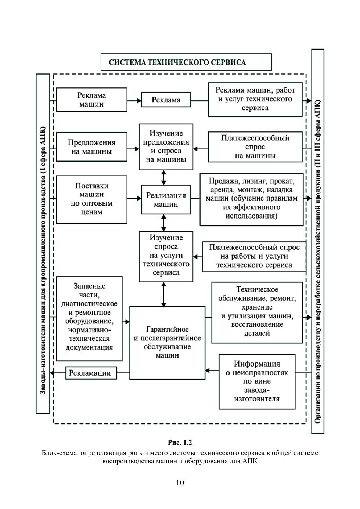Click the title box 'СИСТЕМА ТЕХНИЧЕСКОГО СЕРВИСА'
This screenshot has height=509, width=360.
tap(186, 62)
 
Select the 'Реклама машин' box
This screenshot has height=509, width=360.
tap(91, 100)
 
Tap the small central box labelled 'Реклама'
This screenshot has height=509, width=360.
tap(166, 100)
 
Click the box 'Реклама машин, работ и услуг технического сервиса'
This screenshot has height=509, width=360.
tap(255, 99)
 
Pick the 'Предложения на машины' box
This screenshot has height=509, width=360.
tap(91, 147)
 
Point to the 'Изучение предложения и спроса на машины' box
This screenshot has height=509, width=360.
tap(166, 147)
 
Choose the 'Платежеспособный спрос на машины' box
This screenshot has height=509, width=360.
tap(255, 147)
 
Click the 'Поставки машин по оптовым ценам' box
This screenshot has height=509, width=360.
tap(91, 199)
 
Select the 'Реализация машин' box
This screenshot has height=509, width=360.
tap(166, 200)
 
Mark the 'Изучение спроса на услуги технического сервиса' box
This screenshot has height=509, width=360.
tap(166, 256)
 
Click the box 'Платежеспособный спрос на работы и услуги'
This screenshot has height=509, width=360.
tap(254, 256)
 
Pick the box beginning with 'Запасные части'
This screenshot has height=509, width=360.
tap(89, 318)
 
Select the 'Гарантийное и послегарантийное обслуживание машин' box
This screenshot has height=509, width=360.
tap(168, 343)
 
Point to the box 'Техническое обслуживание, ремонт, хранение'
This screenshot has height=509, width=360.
tap(257, 312)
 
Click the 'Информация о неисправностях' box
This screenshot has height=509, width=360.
tap(257, 381)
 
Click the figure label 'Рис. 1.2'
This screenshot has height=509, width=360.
tap(180, 443)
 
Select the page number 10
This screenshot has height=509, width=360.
tap(180, 483)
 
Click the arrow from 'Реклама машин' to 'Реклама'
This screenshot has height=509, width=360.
tap(134, 100)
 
